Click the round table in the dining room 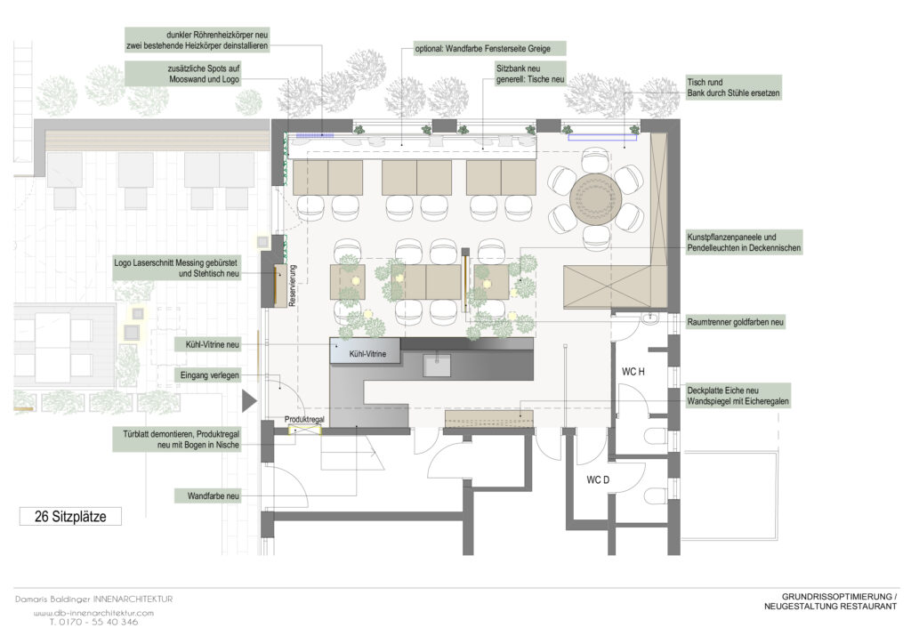click(x=595, y=198)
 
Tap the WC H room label click(x=633, y=372)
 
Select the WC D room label click(x=598, y=479)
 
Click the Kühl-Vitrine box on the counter click(x=366, y=350)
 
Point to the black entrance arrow click(x=249, y=400)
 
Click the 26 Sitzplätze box click(x=70, y=516)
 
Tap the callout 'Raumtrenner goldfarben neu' click(x=736, y=322)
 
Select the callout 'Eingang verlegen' click(x=209, y=375)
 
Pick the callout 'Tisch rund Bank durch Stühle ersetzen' click(x=733, y=88)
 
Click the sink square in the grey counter click(x=437, y=366)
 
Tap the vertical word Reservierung click(x=292, y=286)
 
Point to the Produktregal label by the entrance click(x=304, y=419)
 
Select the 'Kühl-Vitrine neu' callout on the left click(x=208, y=344)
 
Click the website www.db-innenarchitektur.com click(x=93, y=613)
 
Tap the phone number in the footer click(x=93, y=622)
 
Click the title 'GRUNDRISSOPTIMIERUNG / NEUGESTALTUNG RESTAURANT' click(x=831, y=601)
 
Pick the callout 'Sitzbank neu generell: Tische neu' click(x=530, y=75)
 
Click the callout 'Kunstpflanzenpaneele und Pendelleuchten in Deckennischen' click(x=744, y=243)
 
